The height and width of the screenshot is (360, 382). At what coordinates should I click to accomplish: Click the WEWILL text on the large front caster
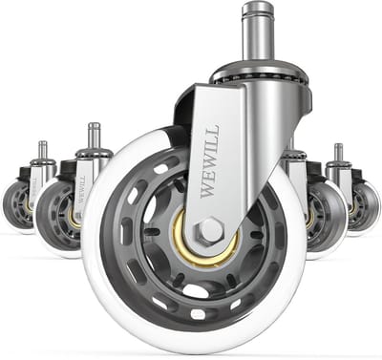210,161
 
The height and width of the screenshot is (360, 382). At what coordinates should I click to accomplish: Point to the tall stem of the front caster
259,32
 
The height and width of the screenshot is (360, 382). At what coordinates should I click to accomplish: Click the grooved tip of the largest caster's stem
259,9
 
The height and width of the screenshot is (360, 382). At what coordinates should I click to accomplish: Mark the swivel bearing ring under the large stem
260,74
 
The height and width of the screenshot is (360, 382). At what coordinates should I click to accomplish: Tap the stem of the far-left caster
43,150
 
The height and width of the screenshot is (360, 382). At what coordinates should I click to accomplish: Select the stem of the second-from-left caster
95,137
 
